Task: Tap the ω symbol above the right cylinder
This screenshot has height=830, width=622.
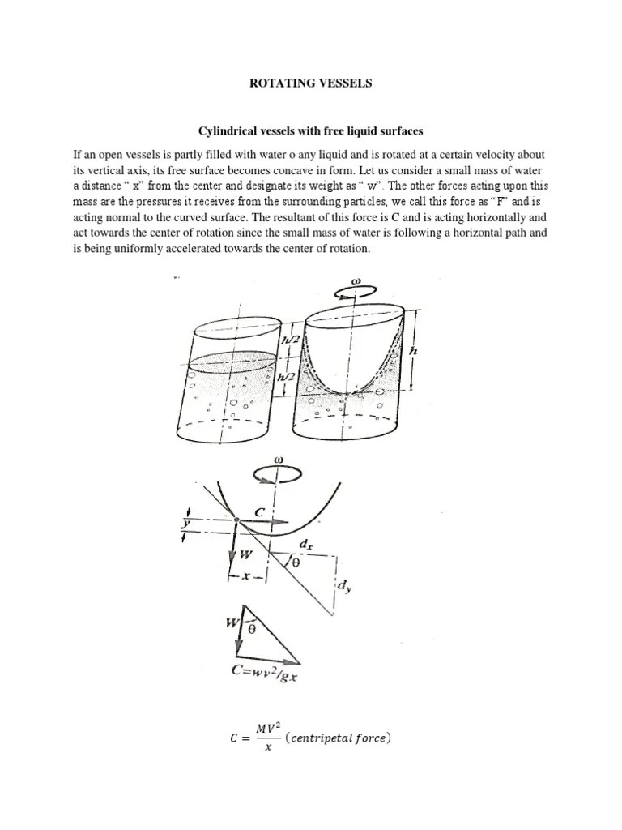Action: pyautogui.click(x=354, y=283)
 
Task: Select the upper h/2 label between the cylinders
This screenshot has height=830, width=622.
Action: pyautogui.click(x=289, y=340)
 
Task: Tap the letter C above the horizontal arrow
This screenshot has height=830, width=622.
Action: pyautogui.click(x=259, y=511)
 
